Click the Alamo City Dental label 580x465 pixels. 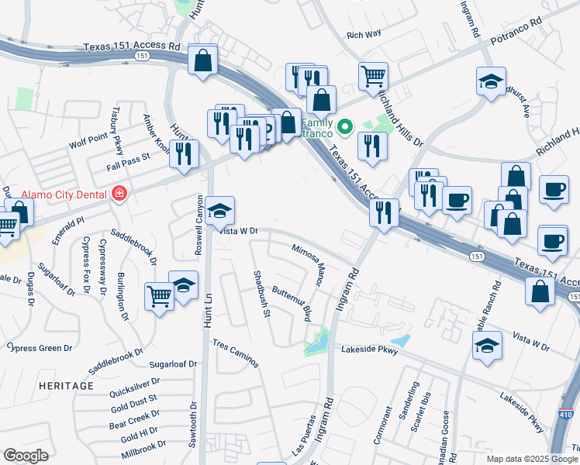tap(55, 194)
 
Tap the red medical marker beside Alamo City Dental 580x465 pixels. tap(119, 194)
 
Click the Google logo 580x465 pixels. tap(26, 456)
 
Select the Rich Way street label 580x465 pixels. tap(364, 35)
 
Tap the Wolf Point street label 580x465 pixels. tap(85, 144)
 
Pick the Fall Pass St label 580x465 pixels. tap(129, 167)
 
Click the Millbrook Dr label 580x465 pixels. tap(139, 446)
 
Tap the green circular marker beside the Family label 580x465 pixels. tap(345, 125)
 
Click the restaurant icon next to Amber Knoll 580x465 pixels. tap(184, 153)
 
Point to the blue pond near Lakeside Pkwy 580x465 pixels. tap(399, 340)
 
